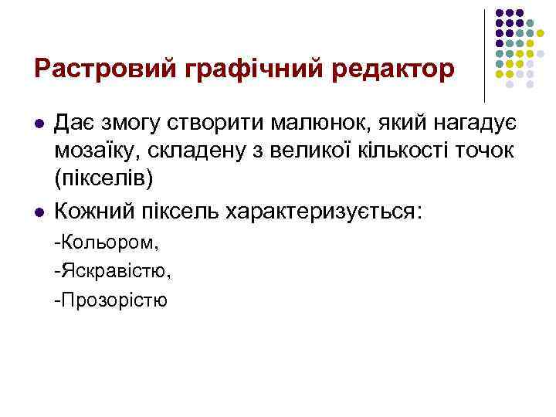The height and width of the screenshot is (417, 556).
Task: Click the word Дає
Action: coord(77,124)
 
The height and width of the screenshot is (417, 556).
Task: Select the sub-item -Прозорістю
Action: coord(110,300)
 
